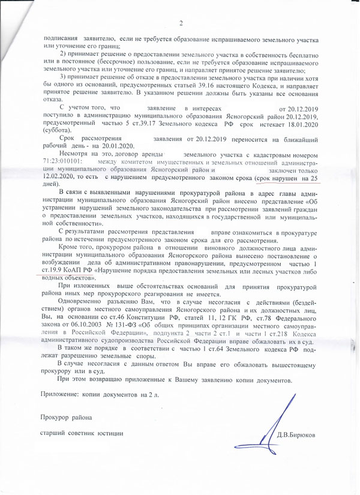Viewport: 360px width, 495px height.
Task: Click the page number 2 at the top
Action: (181, 23)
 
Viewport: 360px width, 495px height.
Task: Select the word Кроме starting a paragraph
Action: (70, 247)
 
